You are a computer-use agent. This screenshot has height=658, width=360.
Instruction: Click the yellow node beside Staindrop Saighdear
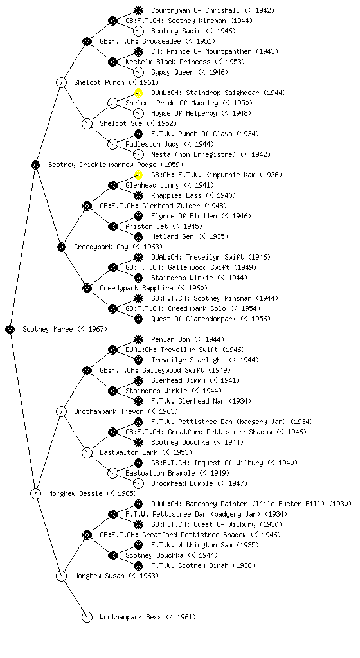[138, 93]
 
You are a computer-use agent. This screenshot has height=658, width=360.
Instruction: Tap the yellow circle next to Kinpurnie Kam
[138, 175]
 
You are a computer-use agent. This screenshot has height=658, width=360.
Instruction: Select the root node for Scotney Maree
[10, 329]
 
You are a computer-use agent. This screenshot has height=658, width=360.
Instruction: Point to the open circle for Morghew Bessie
[35, 493]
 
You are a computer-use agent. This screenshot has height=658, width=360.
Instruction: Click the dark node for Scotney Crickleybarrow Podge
[35, 164]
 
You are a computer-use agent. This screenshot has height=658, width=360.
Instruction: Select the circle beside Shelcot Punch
[61, 82]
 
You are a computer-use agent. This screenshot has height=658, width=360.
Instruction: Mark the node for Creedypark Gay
[61, 247]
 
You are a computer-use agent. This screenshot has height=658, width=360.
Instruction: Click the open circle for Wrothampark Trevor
[61, 411]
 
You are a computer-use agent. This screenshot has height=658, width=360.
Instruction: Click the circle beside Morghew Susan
[61, 576]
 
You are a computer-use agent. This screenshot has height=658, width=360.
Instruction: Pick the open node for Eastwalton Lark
[87, 452]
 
